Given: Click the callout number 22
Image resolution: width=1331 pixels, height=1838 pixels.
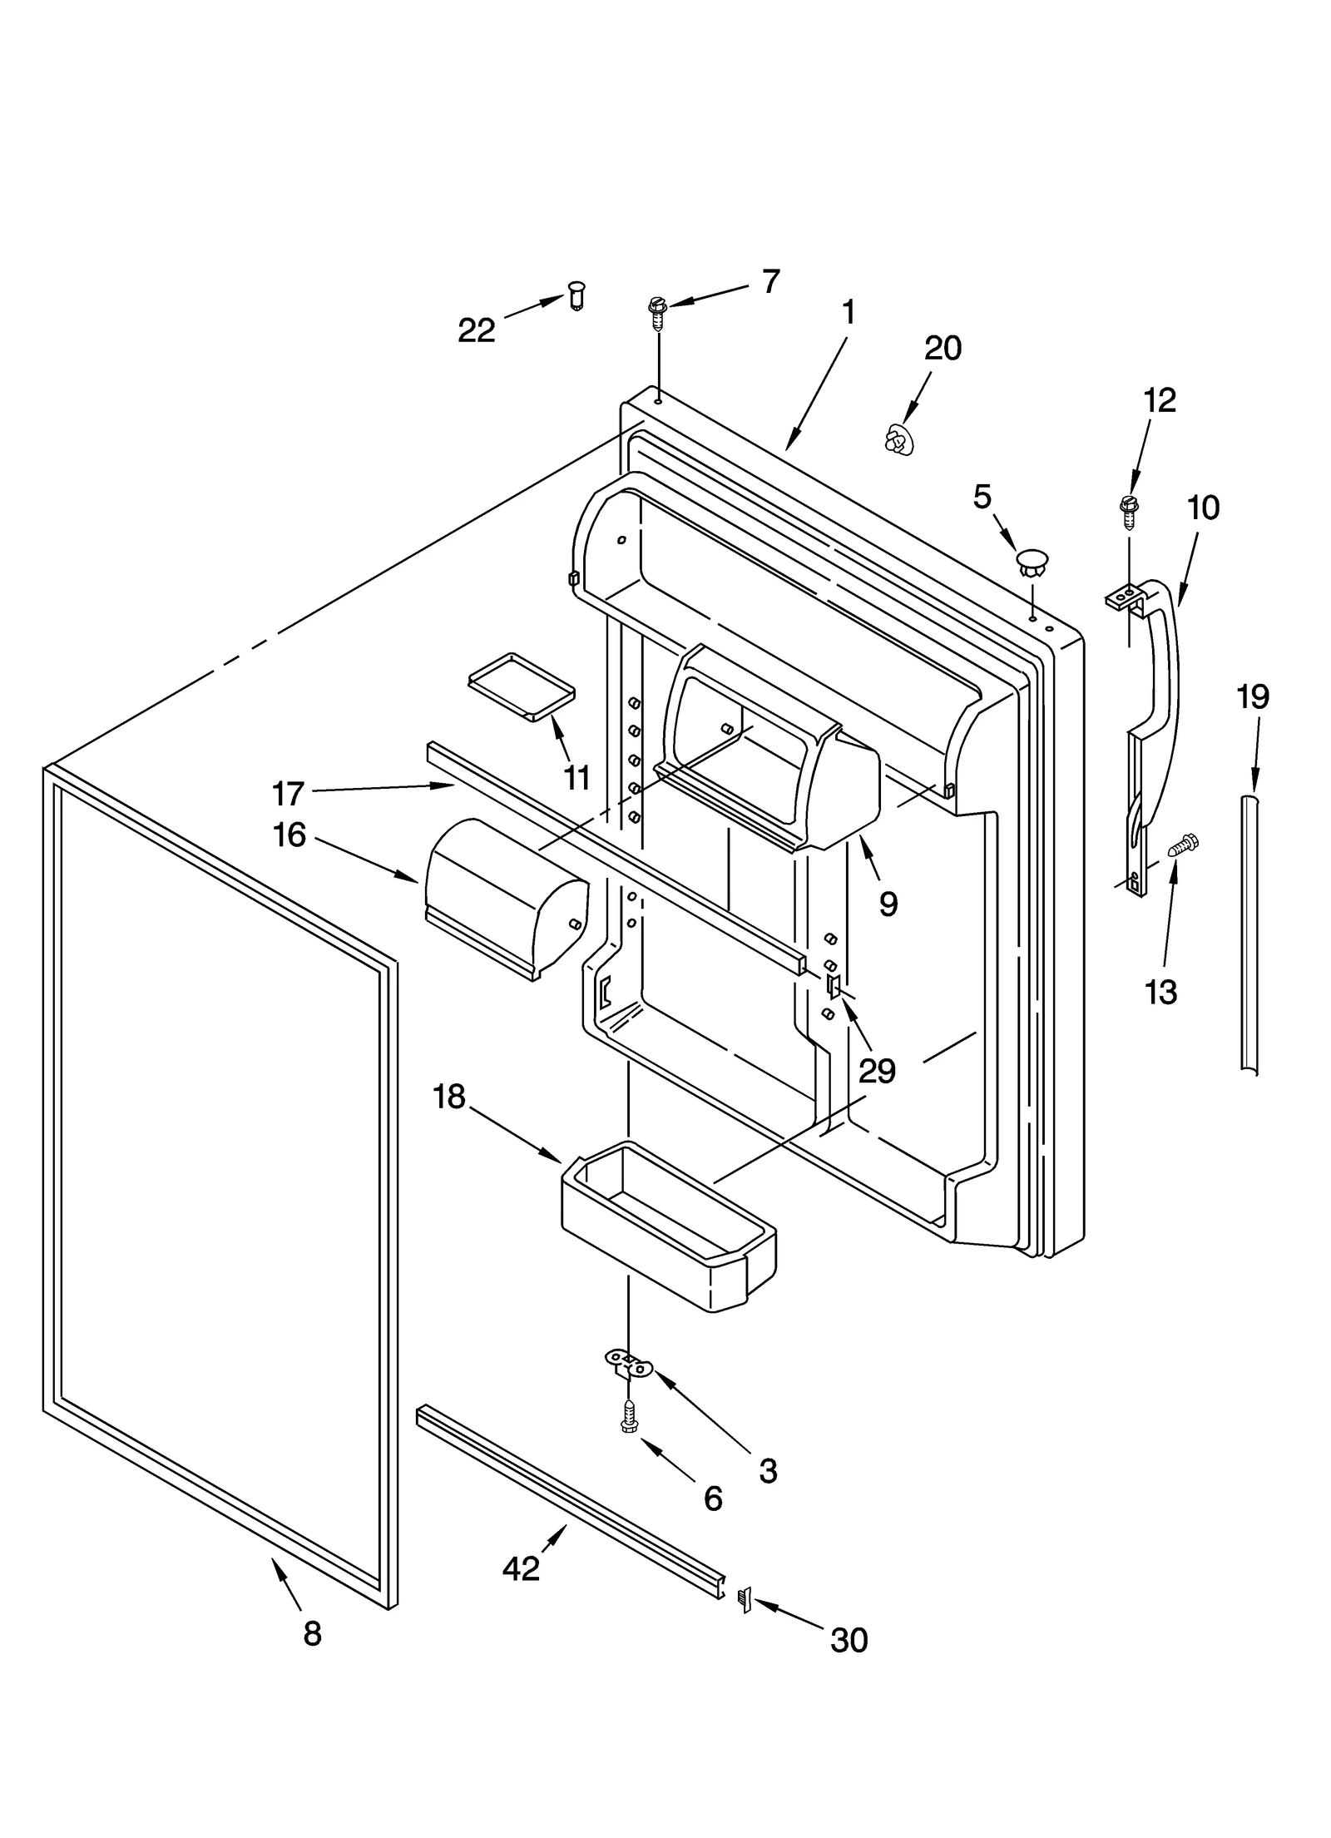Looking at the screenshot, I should pyautogui.click(x=477, y=330).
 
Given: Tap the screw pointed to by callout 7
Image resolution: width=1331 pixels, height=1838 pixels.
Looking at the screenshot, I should pyautogui.click(x=656, y=313).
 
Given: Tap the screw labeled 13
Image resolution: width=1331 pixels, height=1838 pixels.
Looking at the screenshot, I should pyautogui.click(x=1181, y=846).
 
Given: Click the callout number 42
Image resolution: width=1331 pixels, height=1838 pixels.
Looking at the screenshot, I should pyautogui.click(x=522, y=1568).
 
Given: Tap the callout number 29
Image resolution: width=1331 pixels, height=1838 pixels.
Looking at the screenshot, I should pyautogui.click(x=877, y=1071).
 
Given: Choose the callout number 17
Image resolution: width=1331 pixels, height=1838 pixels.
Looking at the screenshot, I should pyautogui.click(x=288, y=794).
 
